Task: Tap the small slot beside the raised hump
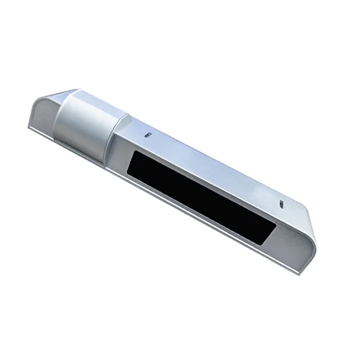148,135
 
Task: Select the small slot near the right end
282,204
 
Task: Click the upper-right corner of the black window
276,226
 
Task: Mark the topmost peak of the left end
75,90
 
